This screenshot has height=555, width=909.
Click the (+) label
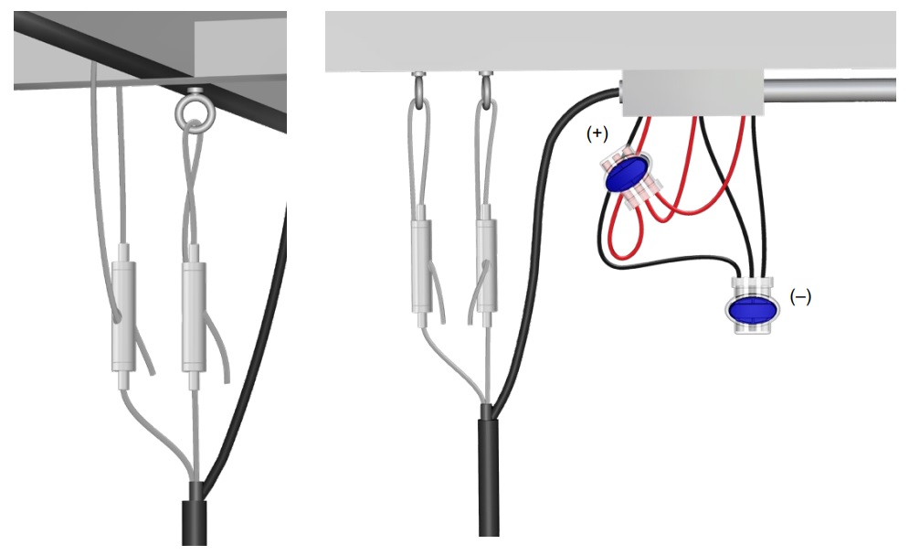click(x=597, y=133)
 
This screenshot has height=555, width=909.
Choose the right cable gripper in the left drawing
click(x=193, y=316)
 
